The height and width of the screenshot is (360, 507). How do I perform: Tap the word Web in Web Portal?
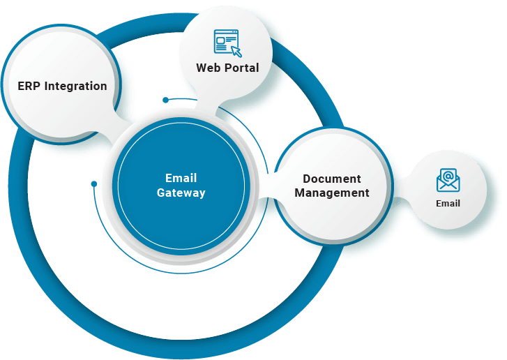(x=208, y=68)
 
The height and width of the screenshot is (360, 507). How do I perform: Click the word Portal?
(x=241, y=68)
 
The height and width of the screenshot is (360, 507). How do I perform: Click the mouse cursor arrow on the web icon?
(x=236, y=51)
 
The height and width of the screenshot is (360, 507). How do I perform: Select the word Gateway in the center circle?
(x=181, y=193)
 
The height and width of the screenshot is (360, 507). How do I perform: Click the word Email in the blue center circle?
(x=181, y=178)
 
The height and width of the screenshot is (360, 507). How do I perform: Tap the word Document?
(x=332, y=179)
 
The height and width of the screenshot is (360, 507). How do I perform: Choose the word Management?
(x=332, y=193)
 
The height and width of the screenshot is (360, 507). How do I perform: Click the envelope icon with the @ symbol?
(x=448, y=180)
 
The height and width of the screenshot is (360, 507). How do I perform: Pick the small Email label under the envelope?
(x=448, y=204)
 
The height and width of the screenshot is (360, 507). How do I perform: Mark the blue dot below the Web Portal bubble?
(x=165, y=100)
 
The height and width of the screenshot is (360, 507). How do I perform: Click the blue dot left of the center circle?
(x=94, y=184)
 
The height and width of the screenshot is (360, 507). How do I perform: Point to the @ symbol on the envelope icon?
(x=448, y=176)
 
